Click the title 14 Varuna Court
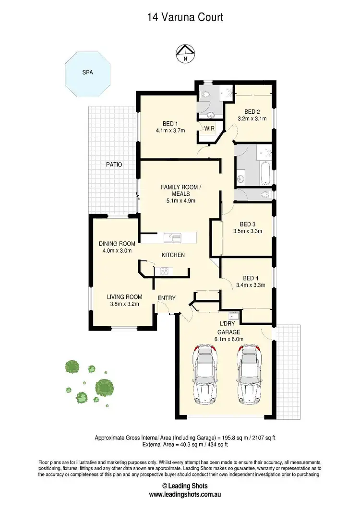[x=185, y=18]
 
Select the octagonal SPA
[x=87, y=73]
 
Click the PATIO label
[x=114, y=165]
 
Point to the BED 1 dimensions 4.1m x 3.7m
[x=170, y=130]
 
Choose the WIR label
[x=209, y=129]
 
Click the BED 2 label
[x=252, y=110]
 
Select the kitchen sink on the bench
[x=171, y=237]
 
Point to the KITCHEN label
[x=173, y=255]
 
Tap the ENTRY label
[x=167, y=298]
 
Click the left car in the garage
[x=204, y=370]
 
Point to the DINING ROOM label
[x=117, y=244]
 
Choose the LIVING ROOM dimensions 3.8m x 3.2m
[x=124, y=304]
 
